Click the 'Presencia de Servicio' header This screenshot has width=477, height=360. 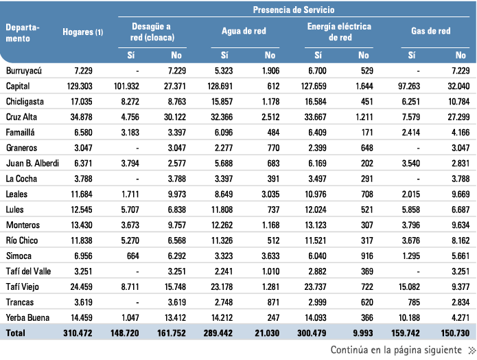click(294, 10)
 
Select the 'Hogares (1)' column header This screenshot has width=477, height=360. click(83, 32)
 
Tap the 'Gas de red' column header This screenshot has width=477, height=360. click(431, 31)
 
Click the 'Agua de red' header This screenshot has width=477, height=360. click(244, 31)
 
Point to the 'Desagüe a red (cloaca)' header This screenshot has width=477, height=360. click(152, 32)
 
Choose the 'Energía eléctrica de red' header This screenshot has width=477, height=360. click(339, 32)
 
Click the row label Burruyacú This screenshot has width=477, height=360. click(24, 71)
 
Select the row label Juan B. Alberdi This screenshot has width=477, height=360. click(32, 164)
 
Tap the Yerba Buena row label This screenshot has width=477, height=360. click(27, 317)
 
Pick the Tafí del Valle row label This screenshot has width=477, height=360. click(28, 271)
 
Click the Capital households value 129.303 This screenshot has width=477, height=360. click(80, 86)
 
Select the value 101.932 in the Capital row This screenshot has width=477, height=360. click(126, 86)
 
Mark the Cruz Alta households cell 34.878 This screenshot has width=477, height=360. click(82, 117)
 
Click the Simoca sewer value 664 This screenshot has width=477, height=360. click(133, 256)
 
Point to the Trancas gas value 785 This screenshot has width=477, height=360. click(414, 302)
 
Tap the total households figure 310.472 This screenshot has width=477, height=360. click(78, 333)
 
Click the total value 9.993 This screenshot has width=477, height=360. click(363, 333)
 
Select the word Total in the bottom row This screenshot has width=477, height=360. click(16, 333)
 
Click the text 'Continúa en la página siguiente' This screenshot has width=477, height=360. click(396, 350)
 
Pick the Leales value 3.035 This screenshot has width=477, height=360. click(270, 194)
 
